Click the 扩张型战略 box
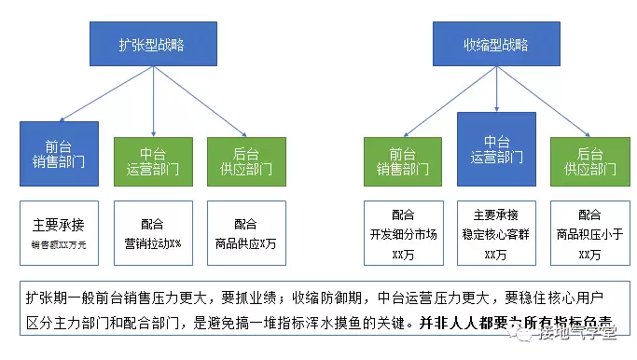(152, 44)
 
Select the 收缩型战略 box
(496, 44)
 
